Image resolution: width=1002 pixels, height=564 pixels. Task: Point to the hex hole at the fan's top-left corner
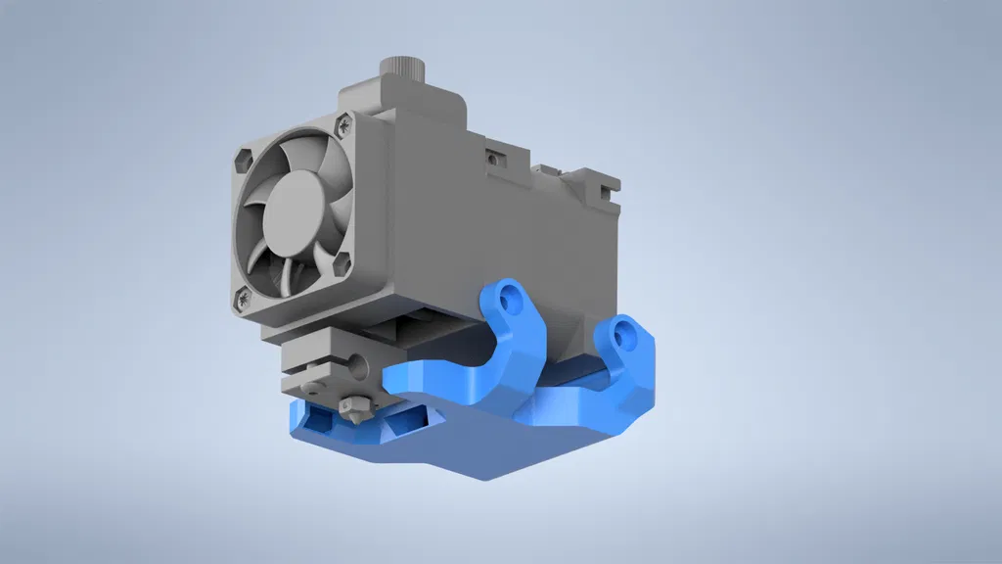tap(244, 156)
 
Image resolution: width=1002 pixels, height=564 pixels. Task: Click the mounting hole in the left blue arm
tap(507, 303)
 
